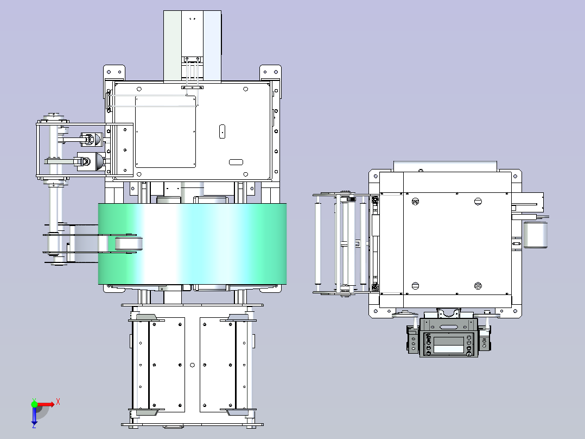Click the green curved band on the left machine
pyautogui.click(x=192, y=243)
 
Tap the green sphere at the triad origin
pyautogui.click(x=34, y=404)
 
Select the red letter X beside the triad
pyautogui.click(x=58, y=402)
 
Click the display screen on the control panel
pyautogui.click(x=448, y=341)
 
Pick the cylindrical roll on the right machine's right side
pyautogui.click(x=536, y=234)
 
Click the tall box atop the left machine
pyautogui.click(x=193, y=46)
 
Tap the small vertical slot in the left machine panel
pyautogui.click(x=222, y=131)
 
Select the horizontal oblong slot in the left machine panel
pyautogui.click(x=236, y=162)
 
